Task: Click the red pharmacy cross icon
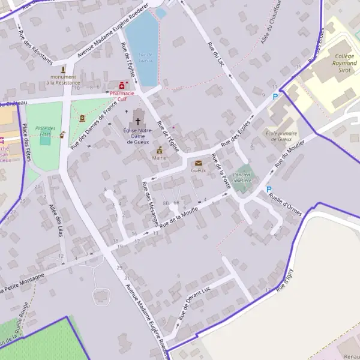[x=123, y=86]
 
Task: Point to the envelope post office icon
[x=198, y=163]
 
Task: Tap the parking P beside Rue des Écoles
[x=275, y=97]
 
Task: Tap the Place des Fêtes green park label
[x=45, y=131]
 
